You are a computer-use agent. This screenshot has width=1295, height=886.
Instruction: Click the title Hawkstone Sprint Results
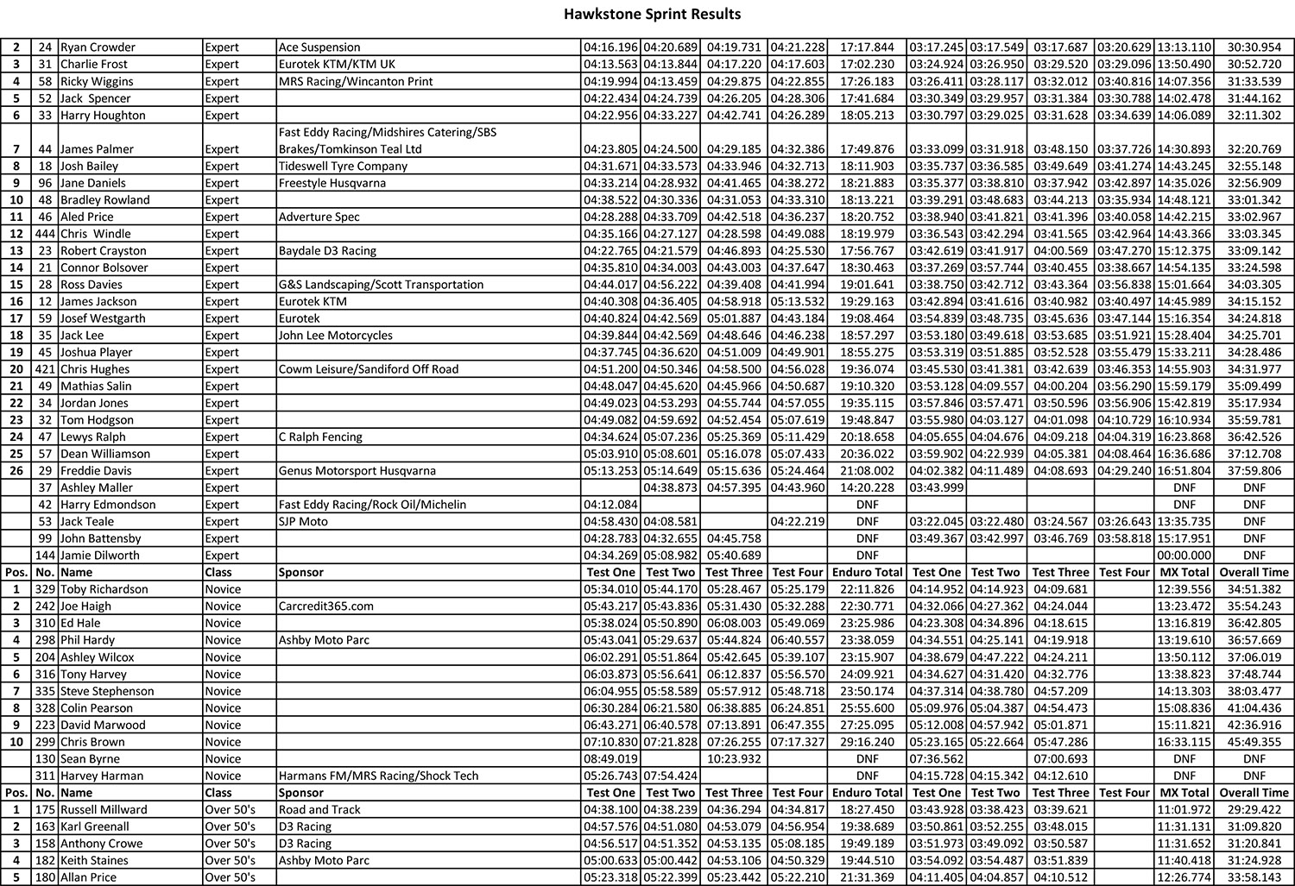[652, 14]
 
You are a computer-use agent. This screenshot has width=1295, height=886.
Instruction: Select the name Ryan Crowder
[98, 47]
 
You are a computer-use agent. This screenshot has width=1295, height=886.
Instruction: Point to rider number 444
[45, 234]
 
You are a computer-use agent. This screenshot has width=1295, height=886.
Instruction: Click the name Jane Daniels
[92, 183]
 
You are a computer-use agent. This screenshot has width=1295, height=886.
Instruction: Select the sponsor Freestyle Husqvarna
[332, 183]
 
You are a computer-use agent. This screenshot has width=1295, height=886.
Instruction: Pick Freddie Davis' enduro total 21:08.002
[867, 471]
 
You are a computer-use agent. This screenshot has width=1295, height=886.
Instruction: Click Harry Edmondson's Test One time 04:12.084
[610, 505]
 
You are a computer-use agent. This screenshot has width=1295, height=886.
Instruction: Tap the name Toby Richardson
[104, 589]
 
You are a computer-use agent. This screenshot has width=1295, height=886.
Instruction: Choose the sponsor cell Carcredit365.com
[326, 606]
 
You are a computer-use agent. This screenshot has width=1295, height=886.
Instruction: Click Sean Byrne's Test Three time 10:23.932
[734, 759]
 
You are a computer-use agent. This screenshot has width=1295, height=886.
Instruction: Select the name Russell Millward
[104, 810]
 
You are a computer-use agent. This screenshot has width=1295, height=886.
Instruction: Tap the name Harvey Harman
[101, 776]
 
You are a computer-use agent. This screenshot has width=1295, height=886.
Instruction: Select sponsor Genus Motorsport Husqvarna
[357, 471]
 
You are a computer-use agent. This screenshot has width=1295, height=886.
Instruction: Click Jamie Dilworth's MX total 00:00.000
[1184, 556]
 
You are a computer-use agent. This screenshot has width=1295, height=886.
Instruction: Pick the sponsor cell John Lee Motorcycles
[335, 336]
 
